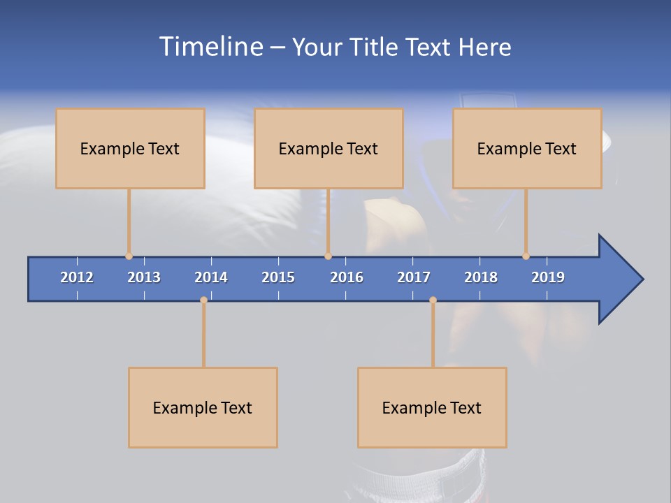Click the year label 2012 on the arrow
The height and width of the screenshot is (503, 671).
[77, 277]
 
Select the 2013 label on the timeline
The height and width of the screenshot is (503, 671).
[144, 277]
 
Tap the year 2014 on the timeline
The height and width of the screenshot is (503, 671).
[211, 277]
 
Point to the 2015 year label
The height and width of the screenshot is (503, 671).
[278, 277]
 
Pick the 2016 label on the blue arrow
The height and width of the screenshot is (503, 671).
[347, 277]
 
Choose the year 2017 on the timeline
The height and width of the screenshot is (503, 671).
[414, 277]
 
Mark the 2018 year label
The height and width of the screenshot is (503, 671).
[481, 277]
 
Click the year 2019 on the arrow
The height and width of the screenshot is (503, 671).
[548, 277]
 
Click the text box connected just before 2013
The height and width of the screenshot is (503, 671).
[130, 148]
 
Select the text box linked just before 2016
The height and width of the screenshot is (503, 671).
[329, 148]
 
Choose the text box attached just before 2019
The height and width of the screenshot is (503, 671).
[527, 148]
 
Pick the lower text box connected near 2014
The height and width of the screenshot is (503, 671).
[203, 407]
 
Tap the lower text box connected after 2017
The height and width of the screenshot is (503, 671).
[432, 407]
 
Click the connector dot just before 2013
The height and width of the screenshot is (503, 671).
[129, 256]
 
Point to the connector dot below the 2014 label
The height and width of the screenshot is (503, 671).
[203, 300]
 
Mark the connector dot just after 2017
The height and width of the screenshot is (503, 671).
[433, 300]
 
